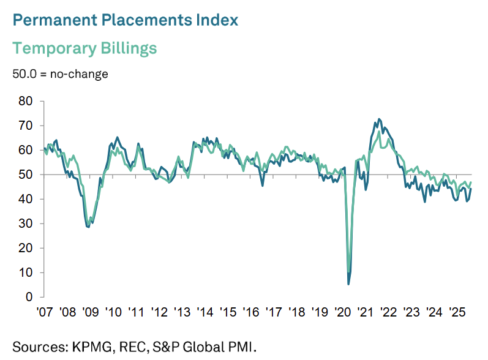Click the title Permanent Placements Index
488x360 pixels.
pos(125,20)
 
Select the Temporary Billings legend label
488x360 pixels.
pos(84,48)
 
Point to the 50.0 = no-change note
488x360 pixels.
pos(60,74)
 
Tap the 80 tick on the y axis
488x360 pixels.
pos(24,101)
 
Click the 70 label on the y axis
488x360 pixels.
pos(24,126)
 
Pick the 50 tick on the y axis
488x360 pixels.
pos(24,174)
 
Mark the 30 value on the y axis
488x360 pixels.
pos(24,223)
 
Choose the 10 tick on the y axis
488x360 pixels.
pos(24,272)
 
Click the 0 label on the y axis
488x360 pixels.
pos(28,297)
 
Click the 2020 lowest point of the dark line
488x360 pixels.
pos(348,283)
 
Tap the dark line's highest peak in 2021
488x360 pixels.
pos(380,119)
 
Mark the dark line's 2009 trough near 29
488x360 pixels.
pos(88,227)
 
